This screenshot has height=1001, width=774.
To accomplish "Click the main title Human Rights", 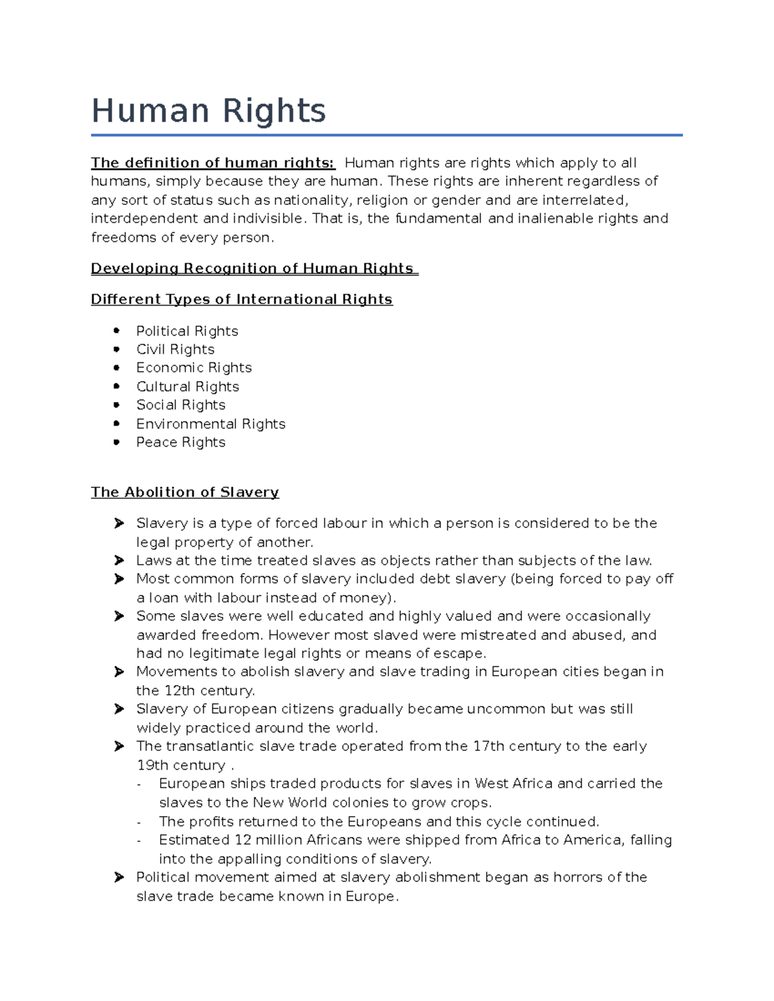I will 208,111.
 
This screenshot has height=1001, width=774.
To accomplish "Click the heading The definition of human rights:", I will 213,163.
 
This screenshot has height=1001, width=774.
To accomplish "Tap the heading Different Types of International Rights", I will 241,300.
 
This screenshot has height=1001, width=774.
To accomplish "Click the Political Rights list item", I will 187,331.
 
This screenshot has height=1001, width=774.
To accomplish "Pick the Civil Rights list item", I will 175,349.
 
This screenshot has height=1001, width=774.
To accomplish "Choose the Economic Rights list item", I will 193,368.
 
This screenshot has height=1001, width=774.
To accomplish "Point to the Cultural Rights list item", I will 188,387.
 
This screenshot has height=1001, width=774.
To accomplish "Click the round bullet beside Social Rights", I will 117,405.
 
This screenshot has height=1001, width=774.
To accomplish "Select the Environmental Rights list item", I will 210,424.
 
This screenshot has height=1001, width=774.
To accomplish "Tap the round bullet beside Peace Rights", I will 117,442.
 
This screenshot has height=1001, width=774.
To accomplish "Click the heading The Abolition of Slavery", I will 185,492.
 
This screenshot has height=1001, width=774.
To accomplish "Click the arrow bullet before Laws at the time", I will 119,560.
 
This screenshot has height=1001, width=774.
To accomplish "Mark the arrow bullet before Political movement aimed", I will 119,877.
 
